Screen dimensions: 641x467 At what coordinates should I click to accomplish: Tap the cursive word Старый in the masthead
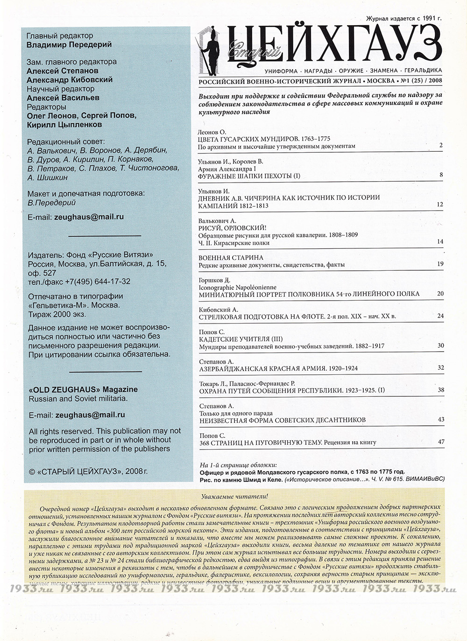(x=254, y=52)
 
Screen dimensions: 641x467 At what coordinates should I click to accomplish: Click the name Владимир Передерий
(x=69, y=45)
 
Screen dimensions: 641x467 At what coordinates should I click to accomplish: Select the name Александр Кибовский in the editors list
(x=70, y=80)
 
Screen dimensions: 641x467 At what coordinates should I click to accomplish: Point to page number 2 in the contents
(x=440, y=146)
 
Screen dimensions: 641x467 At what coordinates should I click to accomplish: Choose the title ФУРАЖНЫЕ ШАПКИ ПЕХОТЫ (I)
(x=249, y=176)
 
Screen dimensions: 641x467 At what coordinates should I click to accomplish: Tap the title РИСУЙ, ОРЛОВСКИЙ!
(x=232, y=228)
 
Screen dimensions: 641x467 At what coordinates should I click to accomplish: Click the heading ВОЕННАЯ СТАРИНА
(x=231, y=258)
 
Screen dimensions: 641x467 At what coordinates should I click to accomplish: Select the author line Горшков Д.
(x=215, y=280)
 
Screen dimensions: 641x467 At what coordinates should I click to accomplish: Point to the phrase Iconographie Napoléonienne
(x=237, y=287)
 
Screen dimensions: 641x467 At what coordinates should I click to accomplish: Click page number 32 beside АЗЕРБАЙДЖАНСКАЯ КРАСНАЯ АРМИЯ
(x=440, y=368)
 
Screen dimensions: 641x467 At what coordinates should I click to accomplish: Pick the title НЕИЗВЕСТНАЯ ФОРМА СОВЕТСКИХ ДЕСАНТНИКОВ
(x=282, y=420)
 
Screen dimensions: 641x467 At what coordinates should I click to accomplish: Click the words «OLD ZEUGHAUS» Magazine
(x=83, y=389)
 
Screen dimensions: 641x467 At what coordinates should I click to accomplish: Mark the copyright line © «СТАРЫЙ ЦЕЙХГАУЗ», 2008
(x=88, y=472)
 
